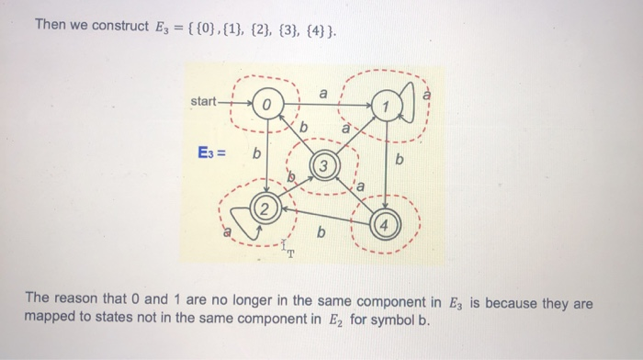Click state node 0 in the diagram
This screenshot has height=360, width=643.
[265, 107]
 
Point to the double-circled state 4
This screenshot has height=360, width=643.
[386, 223]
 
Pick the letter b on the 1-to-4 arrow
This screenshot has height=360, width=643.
[400, 162]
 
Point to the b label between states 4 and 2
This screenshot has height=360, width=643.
[320, 232]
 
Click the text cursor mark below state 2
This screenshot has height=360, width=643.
[287, 249]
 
